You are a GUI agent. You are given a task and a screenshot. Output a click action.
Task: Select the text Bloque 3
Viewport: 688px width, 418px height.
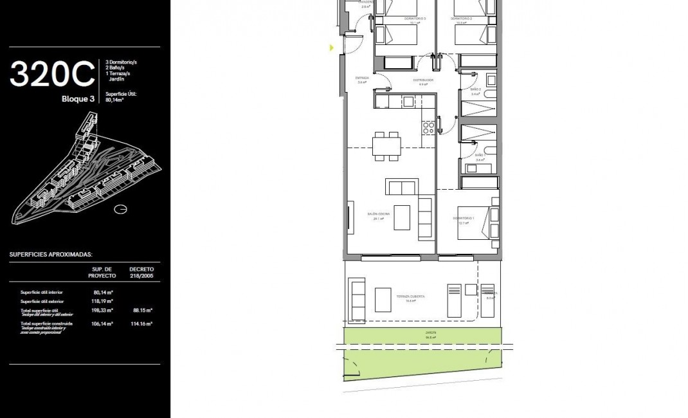pos(78,99)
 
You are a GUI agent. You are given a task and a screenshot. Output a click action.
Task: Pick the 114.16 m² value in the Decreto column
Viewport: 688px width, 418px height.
pos(141,323)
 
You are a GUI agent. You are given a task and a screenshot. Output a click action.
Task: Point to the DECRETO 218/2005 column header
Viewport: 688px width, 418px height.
pos(141,272)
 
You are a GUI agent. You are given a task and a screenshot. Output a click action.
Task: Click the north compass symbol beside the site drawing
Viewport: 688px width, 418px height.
pos(119,208)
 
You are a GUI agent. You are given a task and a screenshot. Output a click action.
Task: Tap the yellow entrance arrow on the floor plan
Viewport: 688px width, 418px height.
pos(332,48)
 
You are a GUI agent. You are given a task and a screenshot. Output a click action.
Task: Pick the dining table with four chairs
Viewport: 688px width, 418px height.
pos(386,145)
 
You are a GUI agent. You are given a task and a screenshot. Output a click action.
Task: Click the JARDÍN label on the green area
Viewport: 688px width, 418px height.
pos(430,333)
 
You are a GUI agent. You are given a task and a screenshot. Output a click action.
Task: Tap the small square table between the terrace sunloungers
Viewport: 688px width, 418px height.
pos(471,288)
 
